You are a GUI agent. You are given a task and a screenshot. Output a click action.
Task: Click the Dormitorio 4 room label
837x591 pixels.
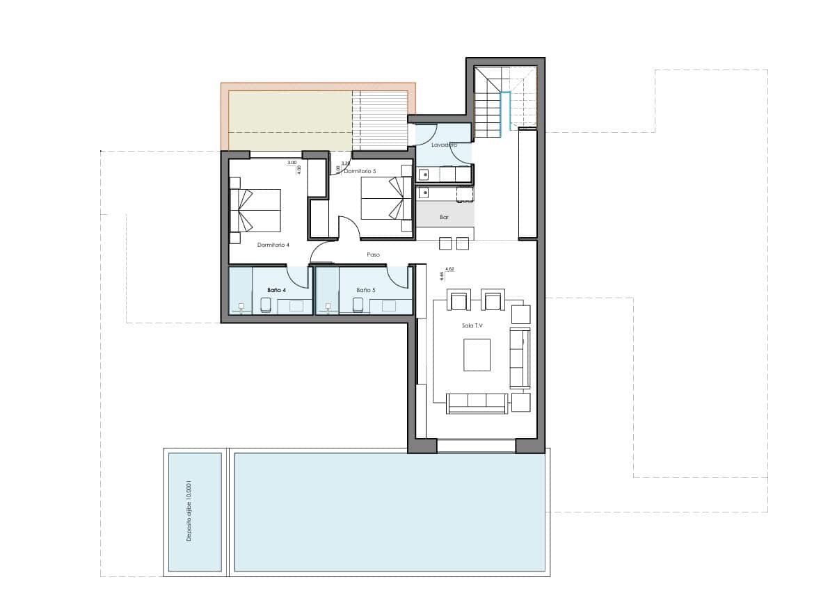pos(273,245)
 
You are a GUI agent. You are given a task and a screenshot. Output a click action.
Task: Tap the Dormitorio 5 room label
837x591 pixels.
pos(360,171)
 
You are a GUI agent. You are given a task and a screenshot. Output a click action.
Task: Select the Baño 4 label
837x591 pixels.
pos(276,289)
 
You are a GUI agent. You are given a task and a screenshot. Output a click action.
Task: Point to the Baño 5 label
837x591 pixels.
pos(365,289)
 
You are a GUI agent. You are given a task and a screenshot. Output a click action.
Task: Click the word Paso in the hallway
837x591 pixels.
pos(374,255)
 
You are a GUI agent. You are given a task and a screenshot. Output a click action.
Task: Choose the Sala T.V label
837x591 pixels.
pos(472,325)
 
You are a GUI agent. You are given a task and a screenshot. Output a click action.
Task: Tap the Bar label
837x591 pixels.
pos(444,218)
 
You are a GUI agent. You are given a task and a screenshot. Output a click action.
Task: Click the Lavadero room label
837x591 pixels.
pos(443,145)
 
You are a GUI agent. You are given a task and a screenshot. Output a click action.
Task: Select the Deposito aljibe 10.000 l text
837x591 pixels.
pos(188,512)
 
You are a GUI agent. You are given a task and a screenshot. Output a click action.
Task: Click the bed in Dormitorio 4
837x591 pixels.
pos(255,210)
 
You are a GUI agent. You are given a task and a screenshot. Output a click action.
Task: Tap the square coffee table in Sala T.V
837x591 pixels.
pos(477,355)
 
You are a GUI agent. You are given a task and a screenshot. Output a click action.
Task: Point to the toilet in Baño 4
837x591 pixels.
pos(265,305)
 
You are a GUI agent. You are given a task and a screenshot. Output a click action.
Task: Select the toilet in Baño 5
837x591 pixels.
pos(358,305)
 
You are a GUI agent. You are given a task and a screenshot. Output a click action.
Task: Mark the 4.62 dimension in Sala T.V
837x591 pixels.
pos(449,268)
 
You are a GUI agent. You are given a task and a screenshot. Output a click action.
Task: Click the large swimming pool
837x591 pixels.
pos(390,512)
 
